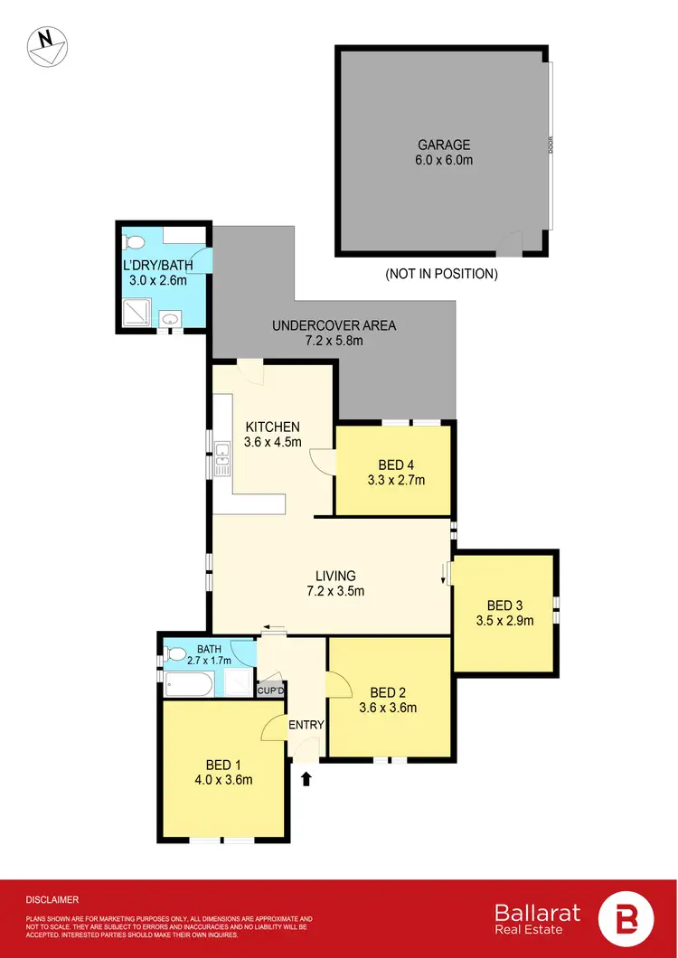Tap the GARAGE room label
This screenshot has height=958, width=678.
coord(444,145)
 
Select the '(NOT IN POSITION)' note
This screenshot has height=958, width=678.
coord(441,273)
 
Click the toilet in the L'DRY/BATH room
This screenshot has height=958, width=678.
coord(136,242)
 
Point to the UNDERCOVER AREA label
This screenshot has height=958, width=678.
coord(334,325)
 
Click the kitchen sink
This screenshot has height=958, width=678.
coord(221,456)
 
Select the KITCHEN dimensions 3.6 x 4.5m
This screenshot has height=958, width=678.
coord(272,443)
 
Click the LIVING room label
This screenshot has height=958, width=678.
coord(335,576)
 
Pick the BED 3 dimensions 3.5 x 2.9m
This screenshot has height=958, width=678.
coord(504,621)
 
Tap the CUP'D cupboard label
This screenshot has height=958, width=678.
coord(271,691)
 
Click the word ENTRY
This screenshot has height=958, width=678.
coord(306,725)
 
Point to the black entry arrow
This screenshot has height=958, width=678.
coord(305,777)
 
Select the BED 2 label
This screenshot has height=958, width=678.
coord(389,692)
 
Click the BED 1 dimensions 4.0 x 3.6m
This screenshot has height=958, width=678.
coord(224,780)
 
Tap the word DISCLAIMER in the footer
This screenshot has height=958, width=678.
coord(52,900)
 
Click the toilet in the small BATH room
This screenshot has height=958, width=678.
coord(177,654)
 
